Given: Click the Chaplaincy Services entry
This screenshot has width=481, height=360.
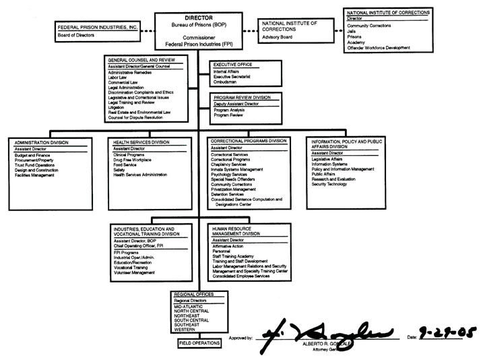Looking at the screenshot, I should pyautogui.click(x=229, y=164).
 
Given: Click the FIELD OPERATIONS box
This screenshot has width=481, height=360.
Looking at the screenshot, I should pyautogui.click(x=200, y=343).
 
